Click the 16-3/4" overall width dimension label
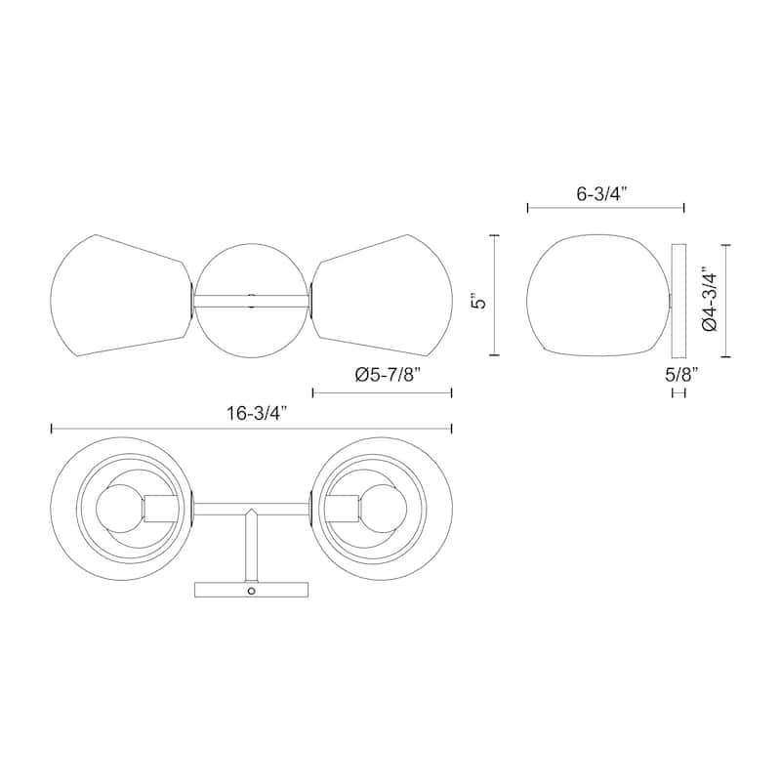[258, 413]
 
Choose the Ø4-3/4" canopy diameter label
[709, 302]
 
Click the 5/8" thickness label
[681, 374]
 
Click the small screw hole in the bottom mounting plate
[252, 591]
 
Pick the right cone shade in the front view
[383, 296]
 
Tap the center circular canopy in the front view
[252, 301]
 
